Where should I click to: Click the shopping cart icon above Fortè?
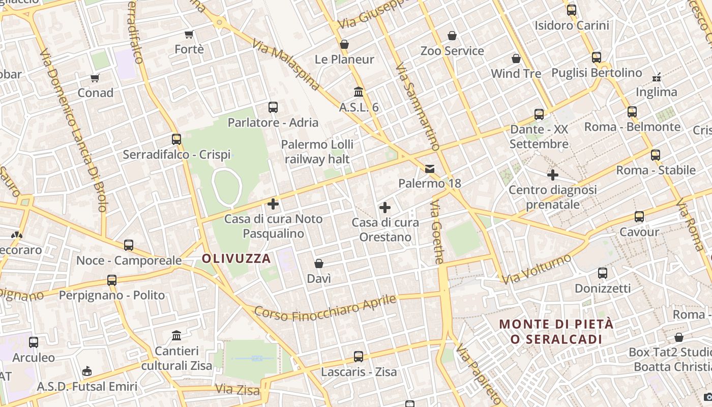point(189,34)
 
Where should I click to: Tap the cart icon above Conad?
point(95,78)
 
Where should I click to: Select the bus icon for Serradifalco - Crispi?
point(176,139)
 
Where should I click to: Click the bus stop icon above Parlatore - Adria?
point(273,107)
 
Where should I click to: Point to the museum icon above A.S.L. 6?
point(359,92)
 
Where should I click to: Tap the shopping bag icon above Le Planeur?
point(344,44)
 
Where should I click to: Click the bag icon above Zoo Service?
point(452,36)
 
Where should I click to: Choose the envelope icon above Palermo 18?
point(430,168)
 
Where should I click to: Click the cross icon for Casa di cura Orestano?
point(385,208)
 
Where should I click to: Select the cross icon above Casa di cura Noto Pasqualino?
point(273,204)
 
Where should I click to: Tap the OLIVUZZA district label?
point(236,258)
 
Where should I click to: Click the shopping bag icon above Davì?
point(319,264)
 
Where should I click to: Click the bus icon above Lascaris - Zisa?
point(359,357)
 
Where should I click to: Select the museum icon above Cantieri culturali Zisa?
point(176,336)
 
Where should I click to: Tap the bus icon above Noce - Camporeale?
point(129,245)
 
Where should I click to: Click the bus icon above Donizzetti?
point(603,273)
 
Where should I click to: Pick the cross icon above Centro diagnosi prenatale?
point(553,175)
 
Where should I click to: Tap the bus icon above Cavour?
point(639,217)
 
